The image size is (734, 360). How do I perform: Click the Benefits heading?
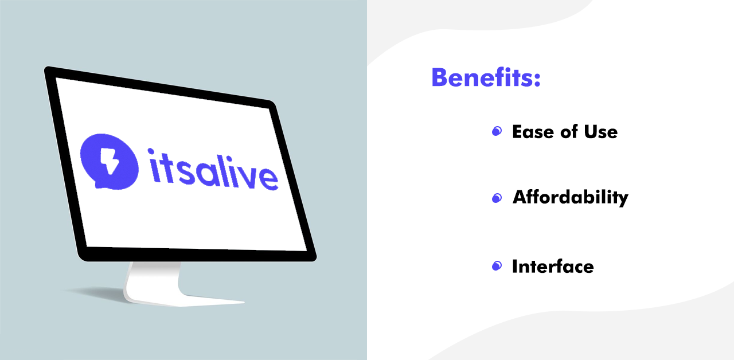[486, 77]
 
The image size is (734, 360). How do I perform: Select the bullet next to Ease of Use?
[497, 131]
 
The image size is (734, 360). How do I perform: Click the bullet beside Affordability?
[497, 198]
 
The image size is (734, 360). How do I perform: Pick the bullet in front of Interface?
[497, 265]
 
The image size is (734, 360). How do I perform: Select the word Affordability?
[571, 198]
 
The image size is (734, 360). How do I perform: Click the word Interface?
[553, 266]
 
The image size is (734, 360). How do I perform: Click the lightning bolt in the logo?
[110, 160]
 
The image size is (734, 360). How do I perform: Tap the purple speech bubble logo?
[110, 162]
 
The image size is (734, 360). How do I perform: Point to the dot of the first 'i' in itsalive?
[151, 151]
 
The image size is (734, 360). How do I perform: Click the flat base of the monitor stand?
[183, 300]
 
